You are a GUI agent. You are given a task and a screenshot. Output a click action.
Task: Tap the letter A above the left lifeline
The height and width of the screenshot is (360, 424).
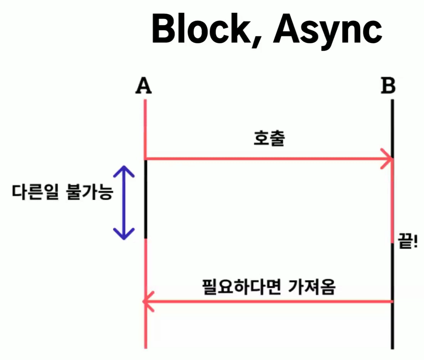coord(144,87)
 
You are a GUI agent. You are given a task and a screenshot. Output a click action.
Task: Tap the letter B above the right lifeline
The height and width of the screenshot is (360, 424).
coord(388,87)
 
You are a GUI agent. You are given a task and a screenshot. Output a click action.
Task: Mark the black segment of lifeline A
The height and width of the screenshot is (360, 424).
coord(146,200)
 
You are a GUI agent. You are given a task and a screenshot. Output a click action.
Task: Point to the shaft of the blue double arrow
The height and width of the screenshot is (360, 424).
coord(124,202)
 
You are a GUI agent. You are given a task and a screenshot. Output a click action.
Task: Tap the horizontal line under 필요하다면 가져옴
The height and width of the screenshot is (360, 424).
coord(269,302)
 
